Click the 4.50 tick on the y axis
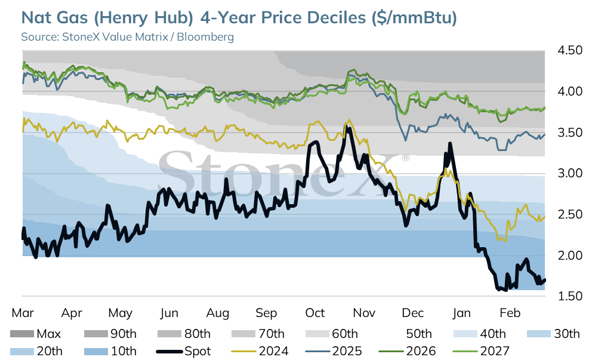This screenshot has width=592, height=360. click(570, 50)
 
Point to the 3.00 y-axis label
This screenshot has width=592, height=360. click(570, 173)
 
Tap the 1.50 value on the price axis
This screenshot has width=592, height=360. click(570, 296)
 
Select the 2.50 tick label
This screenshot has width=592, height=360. click(570, 214)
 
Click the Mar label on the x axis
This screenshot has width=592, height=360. click(23, 313)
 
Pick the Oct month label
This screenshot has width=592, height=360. click(315, 313)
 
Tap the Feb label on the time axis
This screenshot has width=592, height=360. click(510, 313)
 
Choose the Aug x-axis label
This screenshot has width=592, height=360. click(217, 313)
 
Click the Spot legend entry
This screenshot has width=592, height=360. click(183, 351)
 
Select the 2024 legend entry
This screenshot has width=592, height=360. click(260, 351)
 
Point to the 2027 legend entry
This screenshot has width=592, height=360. click(480, 351)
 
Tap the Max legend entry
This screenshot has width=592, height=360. click(35, 334)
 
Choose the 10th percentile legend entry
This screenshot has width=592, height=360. click(110, 351)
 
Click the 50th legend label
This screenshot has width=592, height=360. click(419, 334)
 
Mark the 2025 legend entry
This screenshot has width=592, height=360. click(334, 351)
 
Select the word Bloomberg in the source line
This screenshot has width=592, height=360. click(205, 37)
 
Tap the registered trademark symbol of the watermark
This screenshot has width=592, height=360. click(405, 158)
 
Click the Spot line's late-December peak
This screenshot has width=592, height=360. click(449, 143)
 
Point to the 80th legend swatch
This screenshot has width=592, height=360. click(169, 334)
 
